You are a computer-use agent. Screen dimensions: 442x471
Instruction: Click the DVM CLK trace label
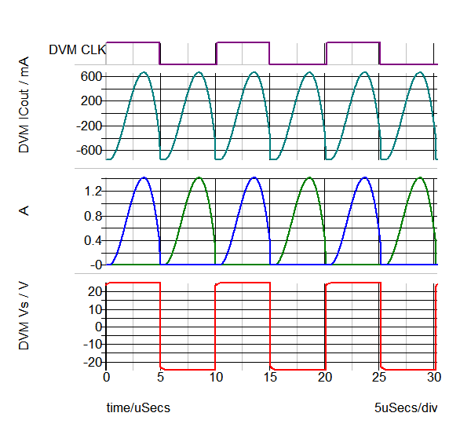click(77, 49)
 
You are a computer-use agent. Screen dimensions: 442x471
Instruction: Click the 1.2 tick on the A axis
click(94, 191)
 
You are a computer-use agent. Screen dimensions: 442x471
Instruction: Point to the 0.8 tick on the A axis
click(94, 216)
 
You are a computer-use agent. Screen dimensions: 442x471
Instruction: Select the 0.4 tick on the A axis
click(94, 240)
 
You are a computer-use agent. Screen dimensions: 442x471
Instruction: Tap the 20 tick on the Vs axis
click(96, 291)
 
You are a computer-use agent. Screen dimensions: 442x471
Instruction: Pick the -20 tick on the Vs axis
click(93, 362)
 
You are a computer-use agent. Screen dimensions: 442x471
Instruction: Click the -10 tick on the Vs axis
click(93, 344)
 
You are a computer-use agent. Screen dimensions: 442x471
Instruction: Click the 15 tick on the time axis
click(271, 378)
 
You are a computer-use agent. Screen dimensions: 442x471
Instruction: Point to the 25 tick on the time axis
click(381, 378)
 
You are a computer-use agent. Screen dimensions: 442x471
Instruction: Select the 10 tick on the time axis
click(216, 378)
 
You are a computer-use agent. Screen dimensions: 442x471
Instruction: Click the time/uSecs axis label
click(138, 408)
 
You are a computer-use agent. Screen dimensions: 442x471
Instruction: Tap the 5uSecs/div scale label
click(405, 408)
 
